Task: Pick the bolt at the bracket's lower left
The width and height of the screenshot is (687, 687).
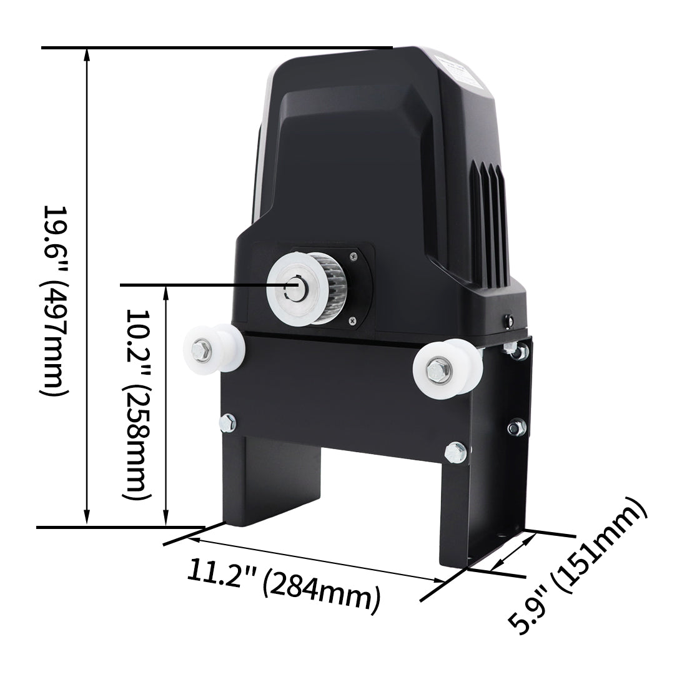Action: pos(228,423)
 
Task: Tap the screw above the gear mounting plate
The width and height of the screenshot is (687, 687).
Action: pos(353,254)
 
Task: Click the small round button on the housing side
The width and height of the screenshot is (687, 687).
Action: pos(507,320)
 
